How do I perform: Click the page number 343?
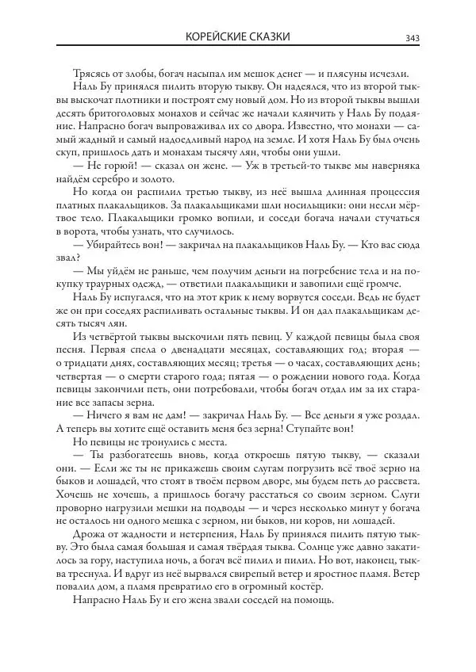413,37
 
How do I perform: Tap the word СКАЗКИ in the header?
267,36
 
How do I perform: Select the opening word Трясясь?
91,73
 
